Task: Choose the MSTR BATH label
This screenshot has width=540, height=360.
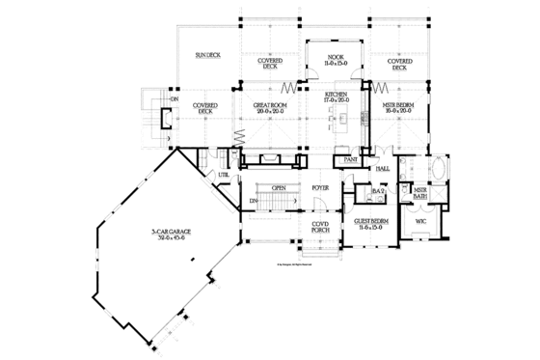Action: pos(419,194)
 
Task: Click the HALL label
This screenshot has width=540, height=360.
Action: pos(382,167)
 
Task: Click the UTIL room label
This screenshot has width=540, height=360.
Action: pos(224,174)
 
